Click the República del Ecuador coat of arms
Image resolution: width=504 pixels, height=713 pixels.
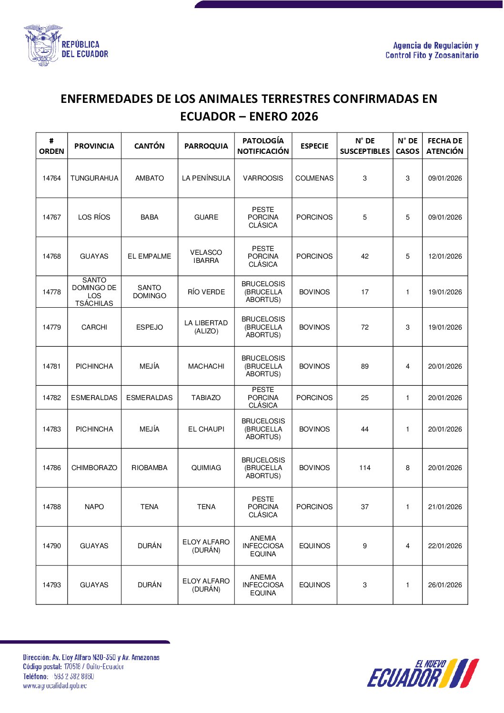42,45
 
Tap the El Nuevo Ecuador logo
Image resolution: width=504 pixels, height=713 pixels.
423,673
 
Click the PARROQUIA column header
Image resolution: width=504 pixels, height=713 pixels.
206,146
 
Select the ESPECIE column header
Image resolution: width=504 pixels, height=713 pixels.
314,146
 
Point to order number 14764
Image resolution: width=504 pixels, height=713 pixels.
51,178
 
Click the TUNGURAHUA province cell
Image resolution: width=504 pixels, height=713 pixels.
94,178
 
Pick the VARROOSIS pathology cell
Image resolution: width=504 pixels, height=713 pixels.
263,178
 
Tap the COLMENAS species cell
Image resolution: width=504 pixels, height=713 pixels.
314,178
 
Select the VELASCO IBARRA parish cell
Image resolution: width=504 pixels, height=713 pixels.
206,256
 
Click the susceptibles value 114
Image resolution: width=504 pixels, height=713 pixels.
365,468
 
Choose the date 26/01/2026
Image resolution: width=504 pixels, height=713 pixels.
445,585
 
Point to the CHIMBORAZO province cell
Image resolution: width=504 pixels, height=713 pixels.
94,468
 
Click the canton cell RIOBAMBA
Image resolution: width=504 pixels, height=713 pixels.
150,468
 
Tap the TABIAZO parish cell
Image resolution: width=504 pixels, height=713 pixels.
206,398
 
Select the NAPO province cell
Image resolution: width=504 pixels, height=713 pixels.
94,507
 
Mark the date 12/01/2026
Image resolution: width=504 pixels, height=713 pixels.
445,256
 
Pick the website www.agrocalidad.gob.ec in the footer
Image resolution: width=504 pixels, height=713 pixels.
55,686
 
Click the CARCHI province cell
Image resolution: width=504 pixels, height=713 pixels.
94,327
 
